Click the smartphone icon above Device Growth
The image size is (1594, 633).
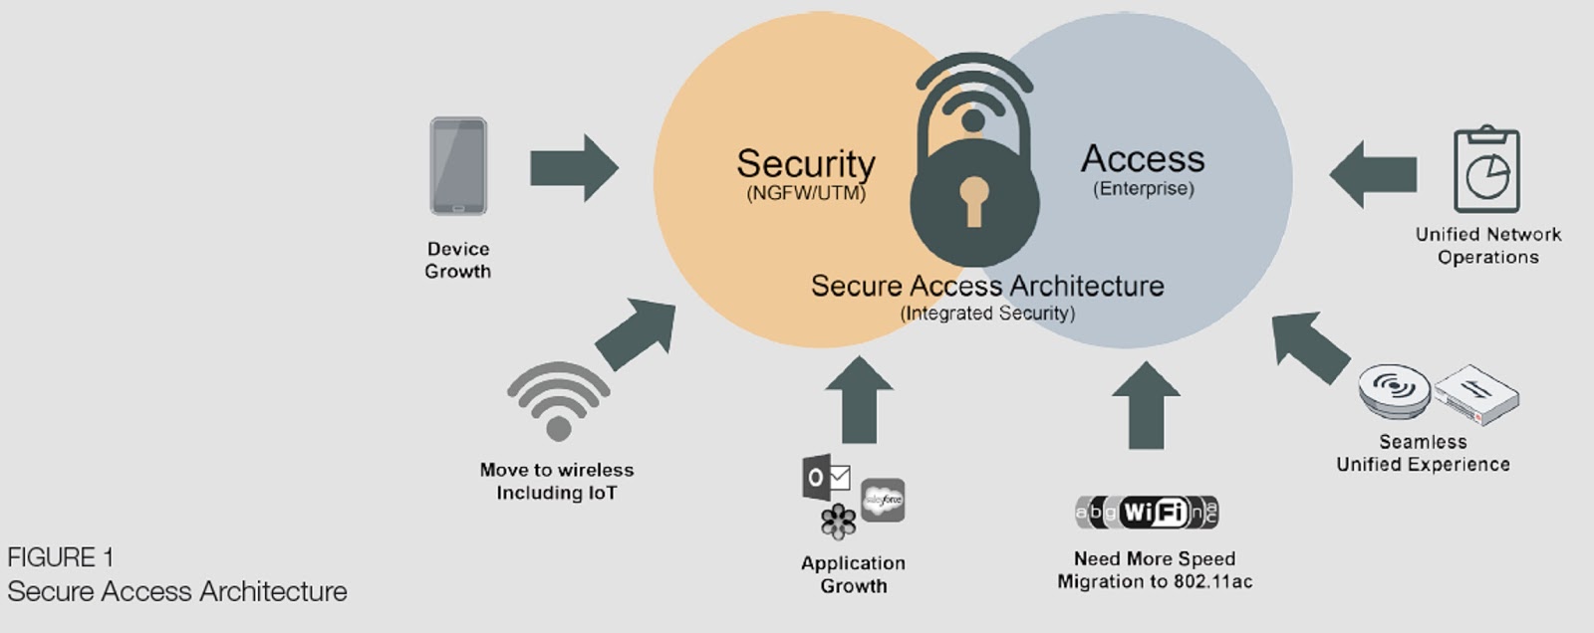click(458, 166)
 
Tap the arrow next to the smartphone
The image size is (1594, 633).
click(573, 167)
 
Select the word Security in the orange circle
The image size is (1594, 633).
click(805, 163)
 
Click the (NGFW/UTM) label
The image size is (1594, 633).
click(805, 193)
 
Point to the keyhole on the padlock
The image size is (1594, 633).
click(973, 198)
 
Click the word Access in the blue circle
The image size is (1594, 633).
click(1143, 158)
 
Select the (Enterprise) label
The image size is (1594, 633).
click(1143, 188)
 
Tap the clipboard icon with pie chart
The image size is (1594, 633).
click(1486, 169)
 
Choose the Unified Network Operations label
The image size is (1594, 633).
click(1487, 246)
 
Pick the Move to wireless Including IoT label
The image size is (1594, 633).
click(557, 482)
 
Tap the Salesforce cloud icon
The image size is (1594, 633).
click(883, 500)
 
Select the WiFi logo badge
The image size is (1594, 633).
click(1147, 513)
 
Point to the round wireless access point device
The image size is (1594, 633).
click(1394, 390)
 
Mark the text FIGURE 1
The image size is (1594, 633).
click(61, 557)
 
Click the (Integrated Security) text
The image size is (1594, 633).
click(987, 314)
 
